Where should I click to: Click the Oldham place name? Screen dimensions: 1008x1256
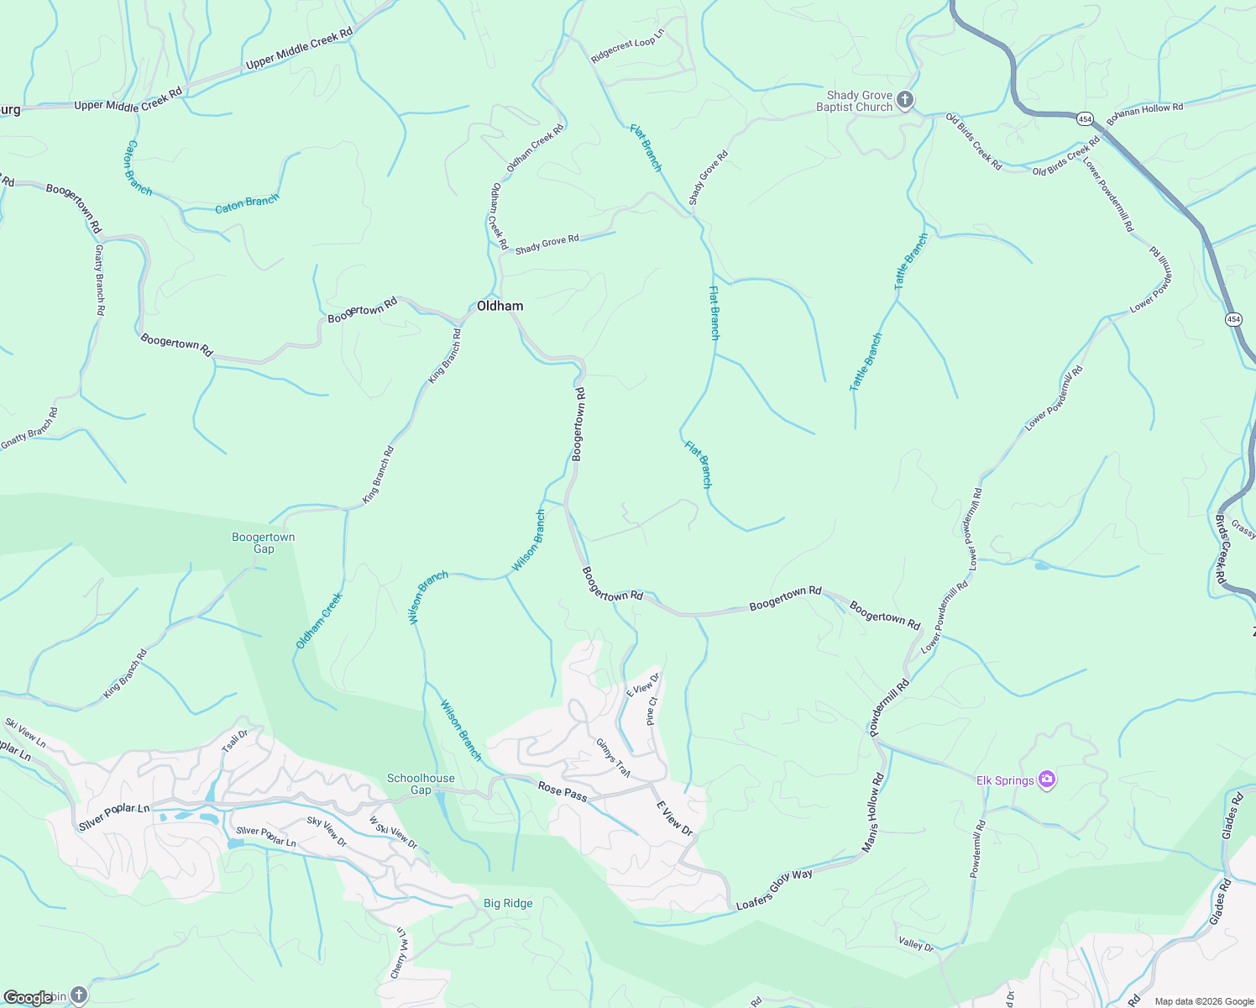(x=500, y=306)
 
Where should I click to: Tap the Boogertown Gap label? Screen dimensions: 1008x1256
(x=264, y=543)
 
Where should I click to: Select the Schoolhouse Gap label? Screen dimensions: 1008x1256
(x=421, y=784)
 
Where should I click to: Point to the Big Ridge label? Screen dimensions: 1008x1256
(x=508, y=903)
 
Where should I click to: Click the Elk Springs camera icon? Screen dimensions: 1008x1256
(x=1046, y=780)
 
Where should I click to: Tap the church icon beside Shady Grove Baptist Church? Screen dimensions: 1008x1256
(x=904, y=101)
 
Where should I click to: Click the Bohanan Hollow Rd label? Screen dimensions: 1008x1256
(x=1144, y=114)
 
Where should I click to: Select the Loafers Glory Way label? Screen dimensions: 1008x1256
(x=774, y=890)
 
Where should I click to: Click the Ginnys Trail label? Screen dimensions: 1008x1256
(x=613, y=758)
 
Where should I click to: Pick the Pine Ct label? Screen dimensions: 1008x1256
(x=652, y=711)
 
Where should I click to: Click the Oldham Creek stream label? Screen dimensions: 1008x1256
(x=319, y=621)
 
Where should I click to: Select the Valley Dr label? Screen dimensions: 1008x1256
(x=915, y=944)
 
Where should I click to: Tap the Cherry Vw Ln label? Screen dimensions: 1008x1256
(x=400, y=953)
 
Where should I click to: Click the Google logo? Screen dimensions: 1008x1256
(x=28, y=997)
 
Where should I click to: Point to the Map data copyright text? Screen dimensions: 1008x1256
(x=1203, y=1001)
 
